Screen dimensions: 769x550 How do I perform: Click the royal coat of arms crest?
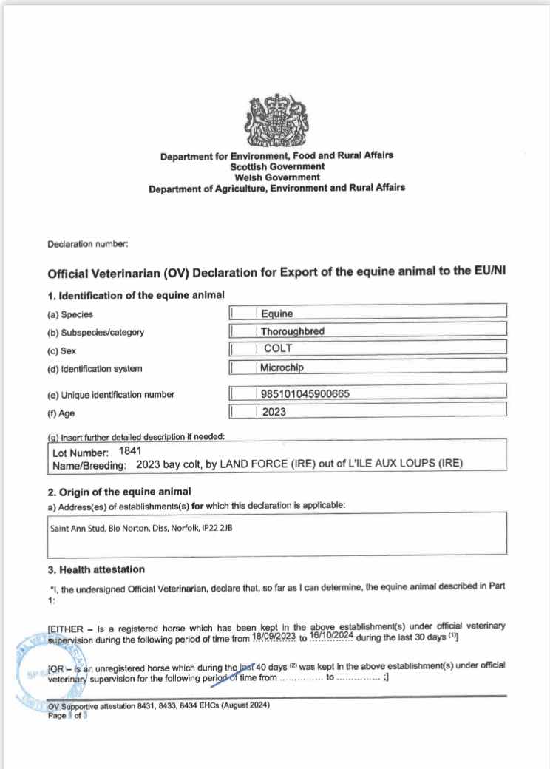click(276, 121)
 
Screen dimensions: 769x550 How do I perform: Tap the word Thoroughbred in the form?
click(292, 331)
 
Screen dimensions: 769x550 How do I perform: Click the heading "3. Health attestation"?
click(96, 569)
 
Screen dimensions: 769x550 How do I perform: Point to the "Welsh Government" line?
click(276, 177)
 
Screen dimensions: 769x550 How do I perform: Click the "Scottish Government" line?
click(276, 166)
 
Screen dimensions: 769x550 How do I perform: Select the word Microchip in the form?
click(282, 367)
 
